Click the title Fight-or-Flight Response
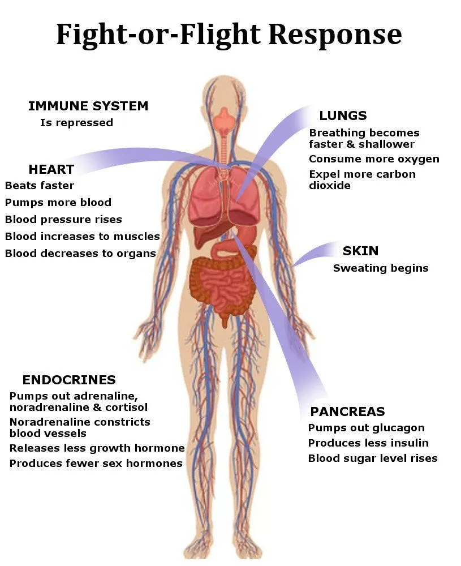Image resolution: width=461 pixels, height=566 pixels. pyautogui.click(x=229, y=35)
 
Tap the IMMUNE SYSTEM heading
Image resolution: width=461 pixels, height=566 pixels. pyautogui.click(x=88, y=106)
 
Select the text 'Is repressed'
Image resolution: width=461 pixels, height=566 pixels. pyautogui.click(x=76, y=123)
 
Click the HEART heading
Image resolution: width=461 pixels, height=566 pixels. pyautogui.click(x=51, y=169)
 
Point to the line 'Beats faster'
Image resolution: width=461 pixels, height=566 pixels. pyautogui.click(x=40, y=186)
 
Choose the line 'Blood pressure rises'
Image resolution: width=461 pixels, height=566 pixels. pyautogui.click(x=63, y=220)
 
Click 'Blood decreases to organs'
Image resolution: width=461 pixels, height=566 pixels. pyautogui.click(x=80, y=254)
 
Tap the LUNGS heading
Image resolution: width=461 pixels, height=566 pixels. pyautogui.click(x=343, y=116)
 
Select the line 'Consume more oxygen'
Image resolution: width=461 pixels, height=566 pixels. pyautogui.click(x=374, y=159)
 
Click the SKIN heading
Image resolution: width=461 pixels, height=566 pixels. pyautogui.click(x=360, y=251)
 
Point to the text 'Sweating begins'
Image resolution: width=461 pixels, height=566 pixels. pyautogui.click(x=381, y=268)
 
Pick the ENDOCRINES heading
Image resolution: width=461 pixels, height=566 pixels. pyautogui.click(x=69, y=380)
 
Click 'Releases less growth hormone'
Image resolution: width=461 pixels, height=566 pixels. pyautogui.click(x=97, y=448)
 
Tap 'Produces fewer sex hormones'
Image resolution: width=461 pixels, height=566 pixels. pyautogui.click(x=96, y=464)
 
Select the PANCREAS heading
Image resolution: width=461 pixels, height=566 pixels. pyautogui.click(x=347, y=411)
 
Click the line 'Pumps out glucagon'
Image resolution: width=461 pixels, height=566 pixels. pyautogui.click(x=366, y=428)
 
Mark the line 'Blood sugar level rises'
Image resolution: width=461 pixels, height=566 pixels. pyautogui.click(x=373, y=458)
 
